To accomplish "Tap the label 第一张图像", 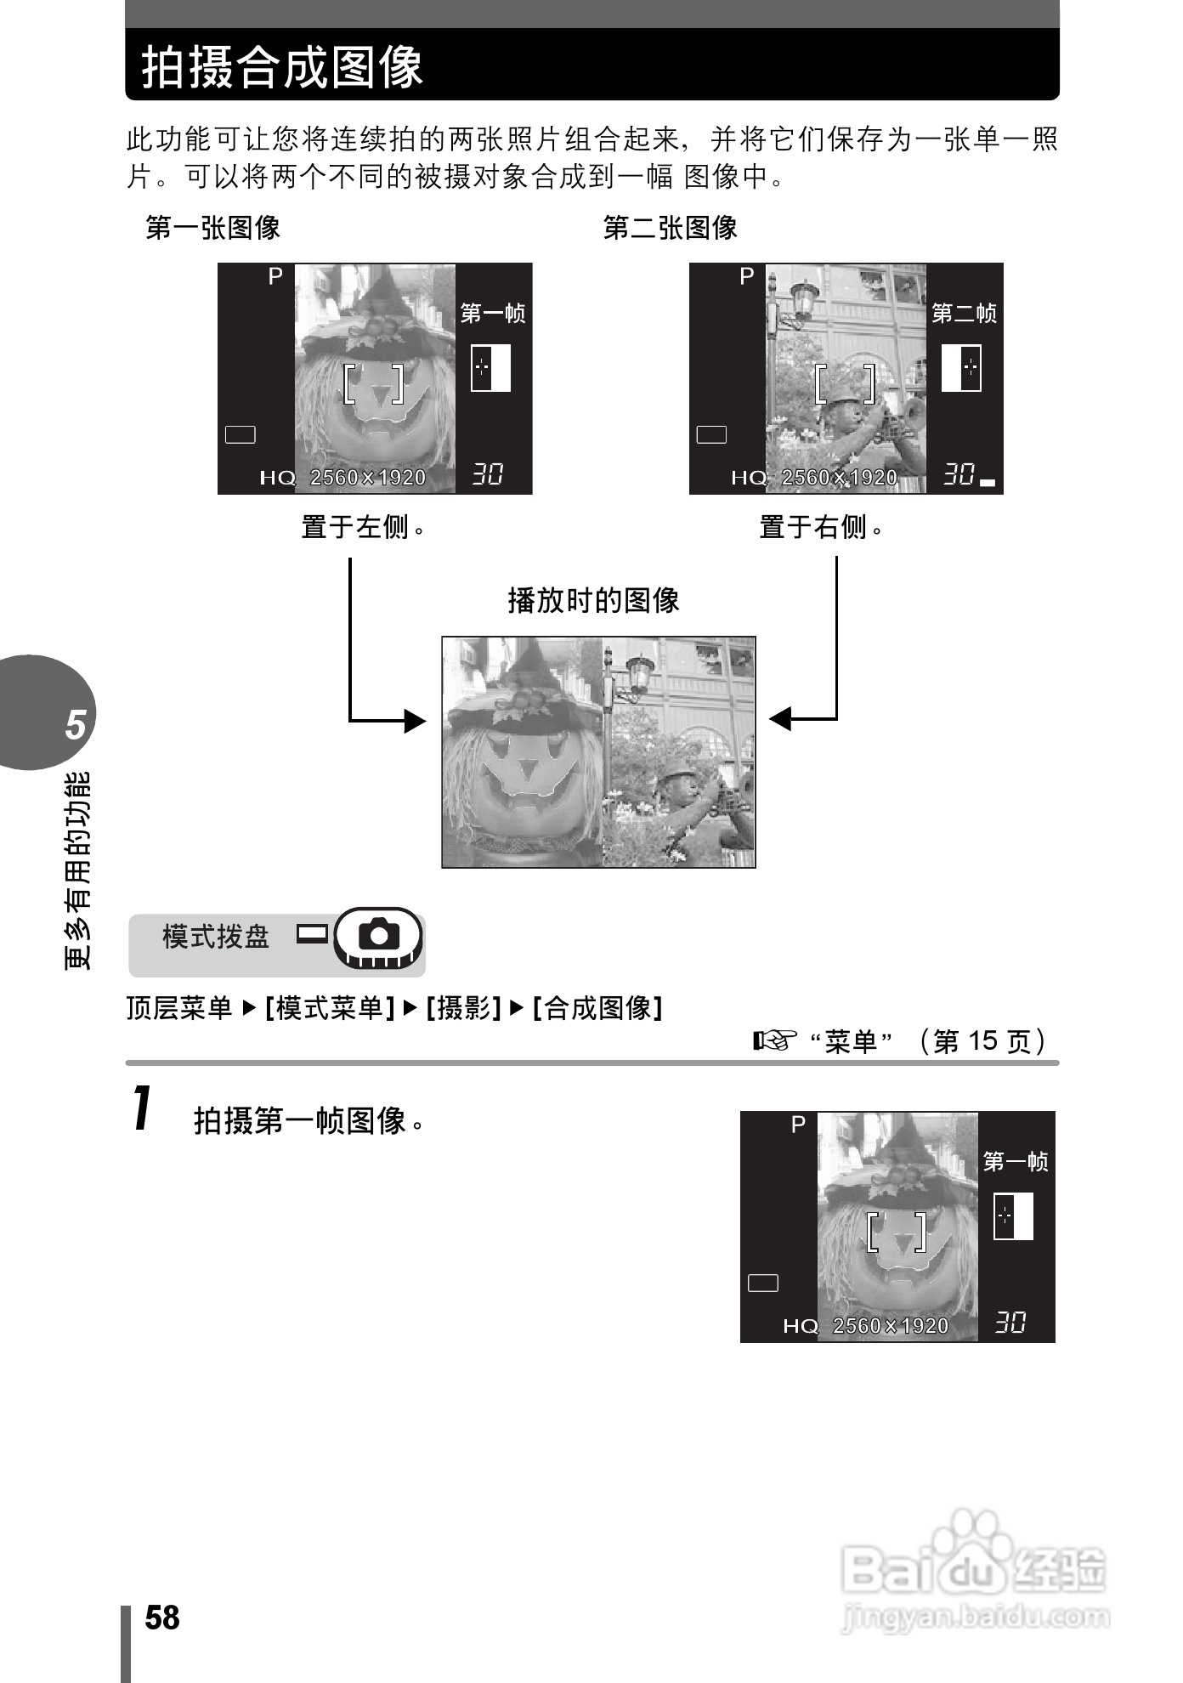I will (212, 228).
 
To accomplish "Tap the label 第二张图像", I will (670, 228).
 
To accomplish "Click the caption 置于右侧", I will (819, 527).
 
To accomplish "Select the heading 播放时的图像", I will (593, 600).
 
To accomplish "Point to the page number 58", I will (162, 1618).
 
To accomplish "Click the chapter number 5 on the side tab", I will (76, 725).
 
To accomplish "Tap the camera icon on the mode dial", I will (379, 935).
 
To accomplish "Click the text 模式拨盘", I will (215, 937).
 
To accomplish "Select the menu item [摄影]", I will (463, 1008).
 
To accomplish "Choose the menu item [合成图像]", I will (597, 1008).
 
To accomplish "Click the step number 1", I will (144, 1108).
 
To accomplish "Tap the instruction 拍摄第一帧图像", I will (308, 1120).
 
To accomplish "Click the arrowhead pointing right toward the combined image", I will (415, 721).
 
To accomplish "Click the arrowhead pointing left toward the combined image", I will (780, 719).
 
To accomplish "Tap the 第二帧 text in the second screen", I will (964, 314).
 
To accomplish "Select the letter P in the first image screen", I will (275, 276).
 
